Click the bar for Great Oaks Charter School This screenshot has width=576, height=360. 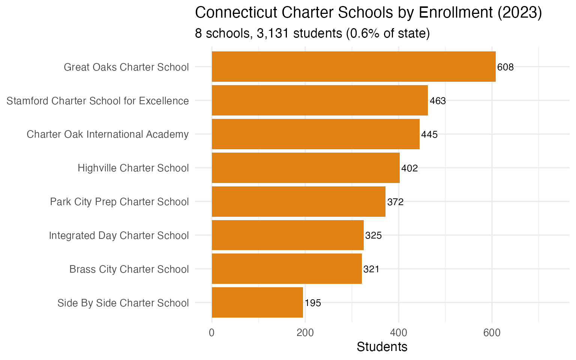tap(354, 67)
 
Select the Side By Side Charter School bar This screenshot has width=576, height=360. tap(257, 303)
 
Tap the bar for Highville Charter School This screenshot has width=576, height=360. tap(306, 168)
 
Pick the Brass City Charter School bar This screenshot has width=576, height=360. tap(287, 269)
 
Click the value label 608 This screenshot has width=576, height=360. tap(505, 67)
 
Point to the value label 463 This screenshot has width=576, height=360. tap(438, 101)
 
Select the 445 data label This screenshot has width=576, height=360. tap(429, 135)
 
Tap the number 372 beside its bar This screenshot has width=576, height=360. tap(395, 202)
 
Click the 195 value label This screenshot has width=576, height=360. tap(313, 303)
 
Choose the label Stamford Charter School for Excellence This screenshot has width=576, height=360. tap(98, 101)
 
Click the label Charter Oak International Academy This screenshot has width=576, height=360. tap(108, 134)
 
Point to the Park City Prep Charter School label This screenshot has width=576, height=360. tap(119, 202)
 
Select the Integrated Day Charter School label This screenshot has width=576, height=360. tap(119, 235)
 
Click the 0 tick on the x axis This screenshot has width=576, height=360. tap(212, 333)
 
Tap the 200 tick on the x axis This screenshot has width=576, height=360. tap(305, 333)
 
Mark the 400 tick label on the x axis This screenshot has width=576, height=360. tap(399, 333)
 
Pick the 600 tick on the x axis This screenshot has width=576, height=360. tap(492, 333)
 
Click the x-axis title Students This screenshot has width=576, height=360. tap(382, 347)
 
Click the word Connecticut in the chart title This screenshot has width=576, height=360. tap(236, 13)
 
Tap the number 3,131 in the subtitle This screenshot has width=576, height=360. tap(273, 34)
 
